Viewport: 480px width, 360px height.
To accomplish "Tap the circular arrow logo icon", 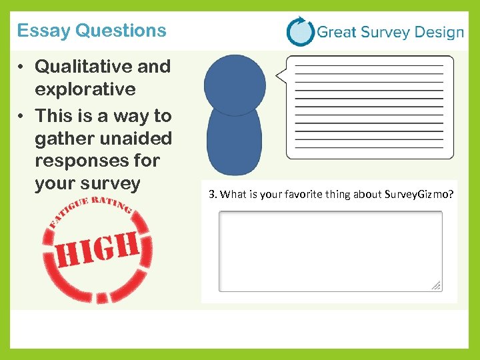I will pyautogui.click(x=300, y=31).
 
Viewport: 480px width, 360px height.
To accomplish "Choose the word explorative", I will pyautogui.click(x=85, y=89).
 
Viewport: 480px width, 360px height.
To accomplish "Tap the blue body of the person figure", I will pyautogui.click(x=234, y=143).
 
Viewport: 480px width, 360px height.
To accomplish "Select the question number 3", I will pyautogui.click(x=212, y=195).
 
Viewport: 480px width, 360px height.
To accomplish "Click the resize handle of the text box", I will pyautogui.click(x=436, y=285).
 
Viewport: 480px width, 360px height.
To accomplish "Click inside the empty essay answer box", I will pyautogui.click(x=330, y=251).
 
